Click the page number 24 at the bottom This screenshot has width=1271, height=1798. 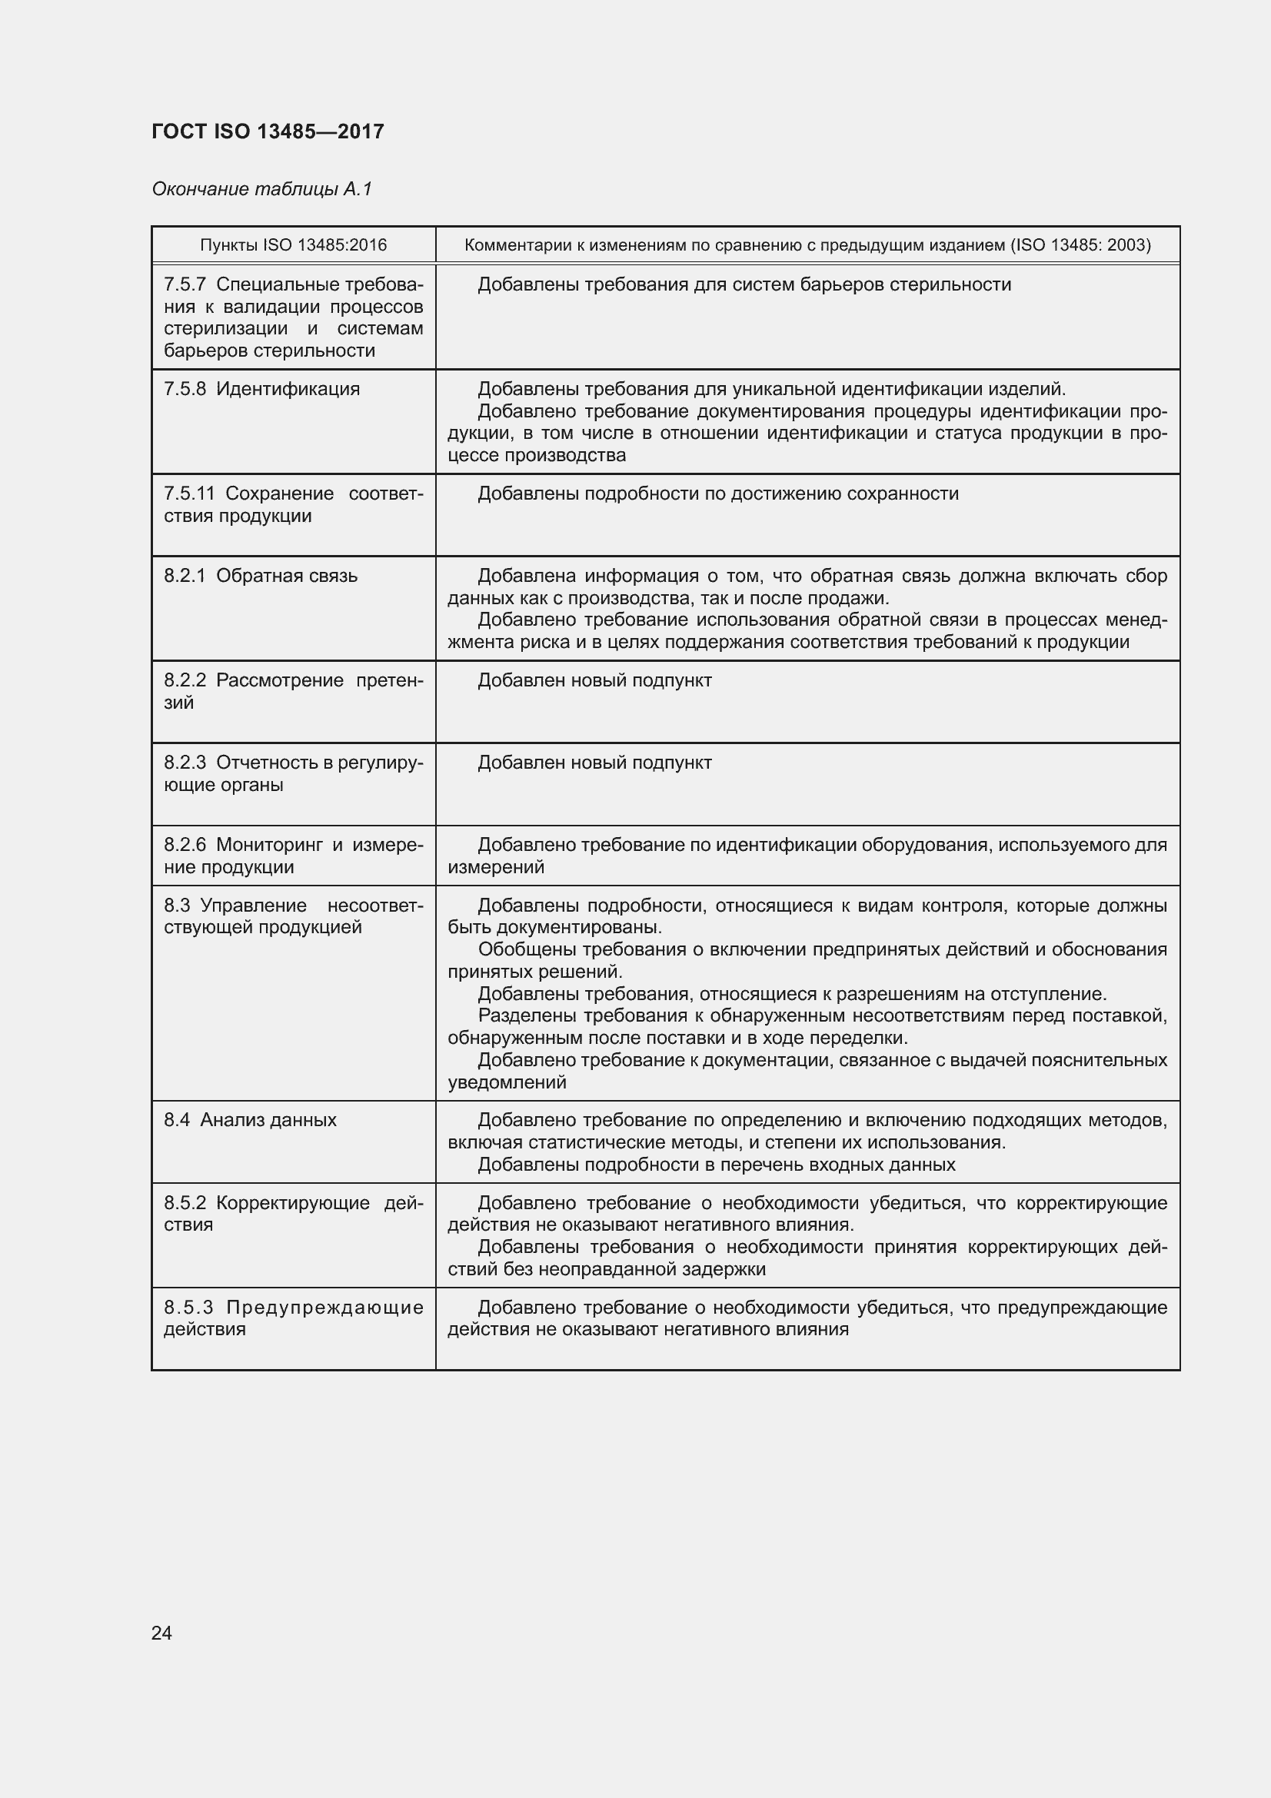[x=161, y=1633]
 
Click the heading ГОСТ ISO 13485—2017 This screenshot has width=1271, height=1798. [x=268, y=131]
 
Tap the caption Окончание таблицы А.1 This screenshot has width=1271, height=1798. [x=261, y=189]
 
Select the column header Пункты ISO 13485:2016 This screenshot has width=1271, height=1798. [x=293, y=245]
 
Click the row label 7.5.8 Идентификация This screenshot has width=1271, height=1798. [x=261, y=389]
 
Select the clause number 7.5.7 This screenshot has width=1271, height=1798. [x=184, y=285]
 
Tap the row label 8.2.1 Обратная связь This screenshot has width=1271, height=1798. [x=260, y=576]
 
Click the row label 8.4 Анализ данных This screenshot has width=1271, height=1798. [x=250, y=1120]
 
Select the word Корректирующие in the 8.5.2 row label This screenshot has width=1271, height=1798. [x=292, y=1203]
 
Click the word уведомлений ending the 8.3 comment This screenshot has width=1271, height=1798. [x=507, y=1082]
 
